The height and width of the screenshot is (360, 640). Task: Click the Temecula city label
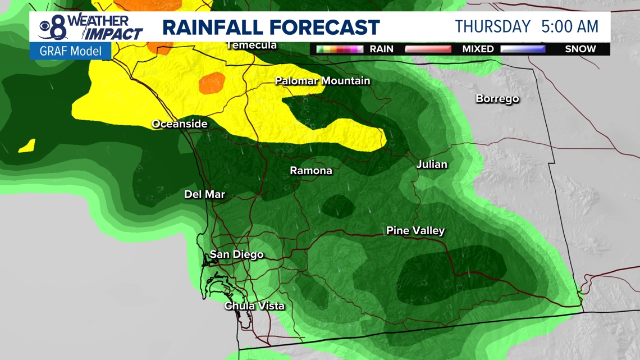point(252,45)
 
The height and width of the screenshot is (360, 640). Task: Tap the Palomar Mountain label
point(322,81)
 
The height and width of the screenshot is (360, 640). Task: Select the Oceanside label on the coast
point(180,124)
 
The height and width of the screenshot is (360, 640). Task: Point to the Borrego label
point(497,99)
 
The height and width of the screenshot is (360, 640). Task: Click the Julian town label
point(432,165)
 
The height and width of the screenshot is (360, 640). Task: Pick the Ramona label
point(310,171)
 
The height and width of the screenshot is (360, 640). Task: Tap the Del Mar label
point(204,195)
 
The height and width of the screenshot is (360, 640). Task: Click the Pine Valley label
point(415,231)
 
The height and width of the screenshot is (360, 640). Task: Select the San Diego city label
point(236,255)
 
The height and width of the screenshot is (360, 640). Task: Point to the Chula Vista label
point(254,306)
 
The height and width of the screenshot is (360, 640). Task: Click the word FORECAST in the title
point(326,28)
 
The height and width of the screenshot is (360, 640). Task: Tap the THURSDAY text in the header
point(492,26)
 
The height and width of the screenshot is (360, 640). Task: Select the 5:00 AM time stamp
point(570,26)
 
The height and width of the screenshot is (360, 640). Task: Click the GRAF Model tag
point(70,51)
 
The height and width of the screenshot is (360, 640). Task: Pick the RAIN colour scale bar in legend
point(340,49)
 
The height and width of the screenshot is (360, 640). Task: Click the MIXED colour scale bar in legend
point(428,49)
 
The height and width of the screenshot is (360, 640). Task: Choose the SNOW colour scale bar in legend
point(523,49)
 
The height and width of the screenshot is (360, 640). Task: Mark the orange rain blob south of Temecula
point(212,83)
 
